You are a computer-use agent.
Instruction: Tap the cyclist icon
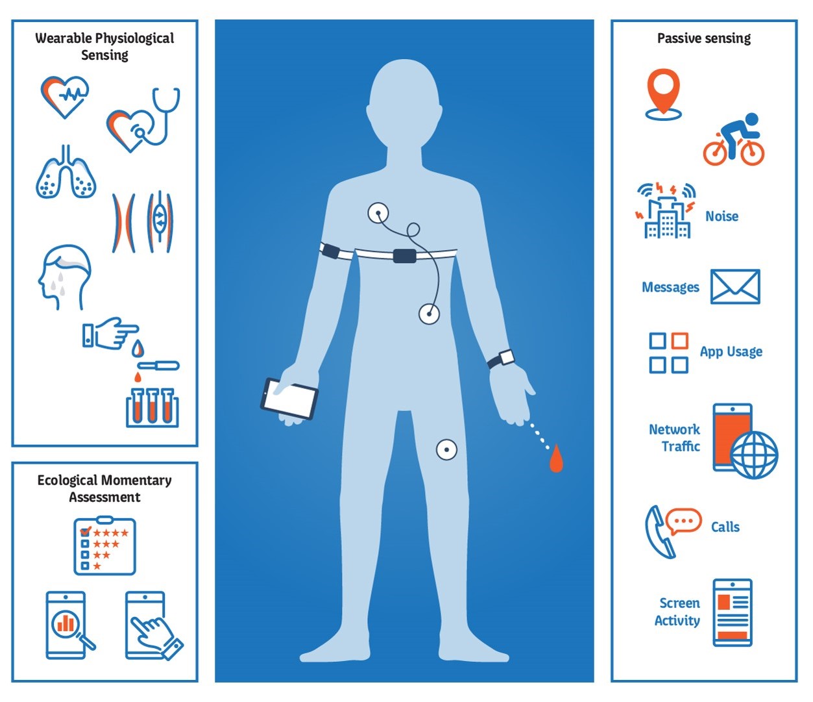[734, 140]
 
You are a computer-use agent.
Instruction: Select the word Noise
[722, 216]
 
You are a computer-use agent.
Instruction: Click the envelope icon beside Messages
[734, 286]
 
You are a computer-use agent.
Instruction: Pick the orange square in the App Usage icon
[679, 341]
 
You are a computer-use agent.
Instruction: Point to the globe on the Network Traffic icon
[753, 455]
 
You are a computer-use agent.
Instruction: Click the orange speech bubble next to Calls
[684, 521]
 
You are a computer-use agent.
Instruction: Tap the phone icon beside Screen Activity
[733, 612]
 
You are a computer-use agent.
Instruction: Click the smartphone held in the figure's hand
[289, 397]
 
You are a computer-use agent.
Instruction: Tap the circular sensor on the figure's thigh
[446, 449]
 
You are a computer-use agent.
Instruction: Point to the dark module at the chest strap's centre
[404, 255]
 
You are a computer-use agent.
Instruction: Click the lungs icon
[66, 173]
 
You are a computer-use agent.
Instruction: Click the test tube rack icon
[152, 407]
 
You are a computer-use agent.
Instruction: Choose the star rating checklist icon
[104, 546]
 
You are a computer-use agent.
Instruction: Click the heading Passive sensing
[704, 38]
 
